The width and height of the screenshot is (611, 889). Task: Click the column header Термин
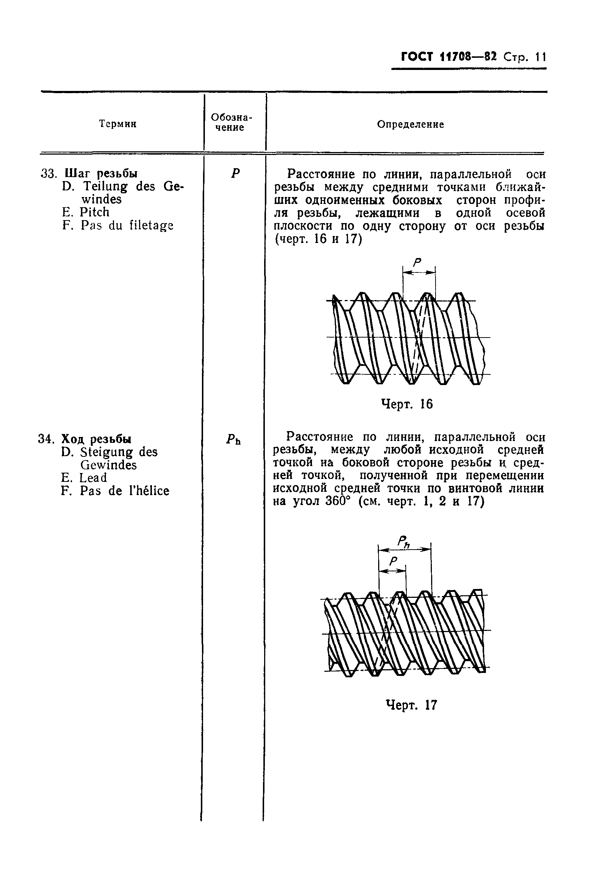[118, 124]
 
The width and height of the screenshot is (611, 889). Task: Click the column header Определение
[411, 124]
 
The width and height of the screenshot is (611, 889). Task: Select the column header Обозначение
[232, 122]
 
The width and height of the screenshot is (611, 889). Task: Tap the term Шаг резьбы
[101, 173]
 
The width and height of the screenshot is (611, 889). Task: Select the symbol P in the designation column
[235, 173]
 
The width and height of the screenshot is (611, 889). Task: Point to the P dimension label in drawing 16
[417, 262]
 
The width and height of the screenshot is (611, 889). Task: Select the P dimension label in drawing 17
[393, 561]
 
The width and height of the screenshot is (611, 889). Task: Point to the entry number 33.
[49, 174]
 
